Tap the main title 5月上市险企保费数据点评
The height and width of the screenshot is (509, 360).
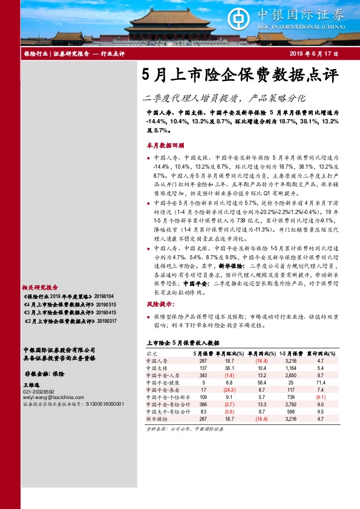(x=239, y=76)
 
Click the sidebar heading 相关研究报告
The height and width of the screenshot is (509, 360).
(x=39, y=287)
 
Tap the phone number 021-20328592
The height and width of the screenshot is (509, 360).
(x=38, y=392)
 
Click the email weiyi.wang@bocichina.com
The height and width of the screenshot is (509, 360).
(x=48, y=397)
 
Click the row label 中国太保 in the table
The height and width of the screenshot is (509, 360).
(x=157, y=368)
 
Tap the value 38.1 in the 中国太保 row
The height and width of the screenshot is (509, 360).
(x=229, y=368)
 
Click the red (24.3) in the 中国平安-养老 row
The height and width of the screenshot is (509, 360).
(x=229, y=390)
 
